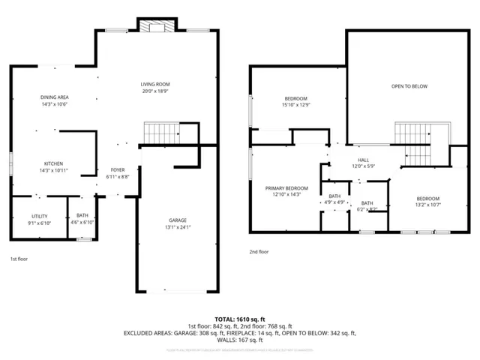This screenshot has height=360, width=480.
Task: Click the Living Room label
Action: click(157, 84)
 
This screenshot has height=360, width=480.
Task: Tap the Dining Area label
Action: click(54, 97)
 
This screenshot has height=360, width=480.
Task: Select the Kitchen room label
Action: click(53, 163)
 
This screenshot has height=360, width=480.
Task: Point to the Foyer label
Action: click(118, 169)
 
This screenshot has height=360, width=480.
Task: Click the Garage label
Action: click(177, 220)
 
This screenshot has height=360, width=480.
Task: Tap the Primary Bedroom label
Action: click(286, 187)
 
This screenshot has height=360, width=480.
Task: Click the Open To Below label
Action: click(409, 86)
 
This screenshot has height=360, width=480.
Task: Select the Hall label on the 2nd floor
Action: click(363, 159)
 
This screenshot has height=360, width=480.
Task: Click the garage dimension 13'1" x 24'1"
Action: click(177, 227)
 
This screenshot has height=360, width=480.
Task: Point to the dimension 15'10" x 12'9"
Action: click(295, 105)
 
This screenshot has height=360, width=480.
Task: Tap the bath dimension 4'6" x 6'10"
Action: click(81, 223)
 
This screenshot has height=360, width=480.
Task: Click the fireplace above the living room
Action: click(157, 26)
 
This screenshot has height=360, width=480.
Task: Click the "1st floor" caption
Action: click(19, 259)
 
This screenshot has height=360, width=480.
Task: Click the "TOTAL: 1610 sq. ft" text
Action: click(240, 319)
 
